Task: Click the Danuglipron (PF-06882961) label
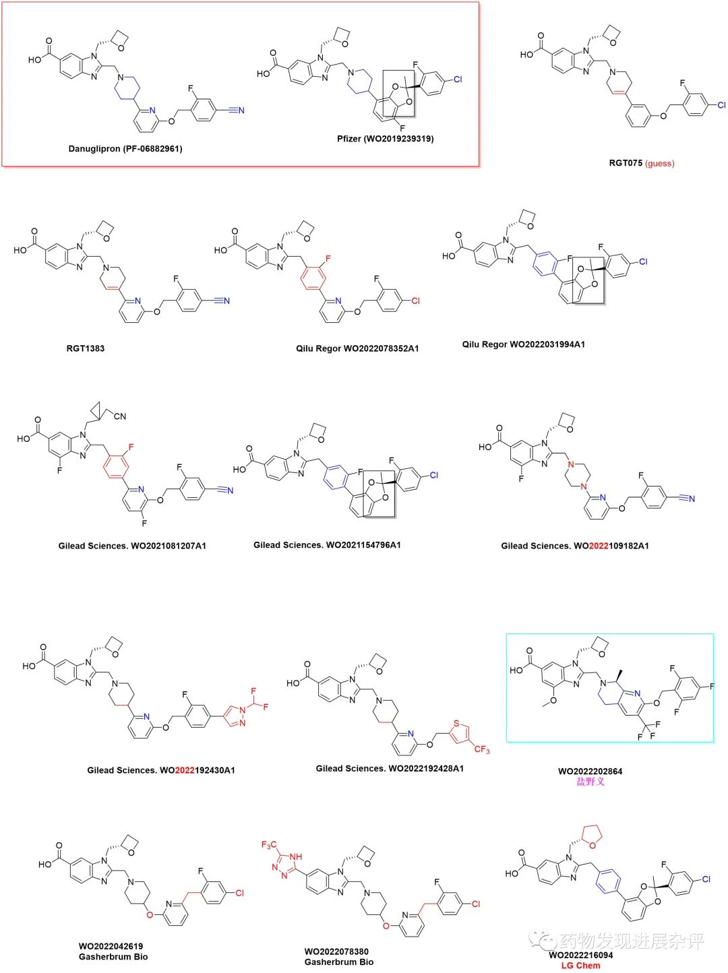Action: pos(125,148)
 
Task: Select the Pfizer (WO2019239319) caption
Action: pos(386,139)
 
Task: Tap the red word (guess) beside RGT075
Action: pos(659,163)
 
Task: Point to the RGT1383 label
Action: pos(86,348)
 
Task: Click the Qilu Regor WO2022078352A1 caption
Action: pos(357,348)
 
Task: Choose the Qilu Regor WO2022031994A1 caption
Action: pos(523,344)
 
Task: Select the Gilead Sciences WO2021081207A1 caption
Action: pos(132,546)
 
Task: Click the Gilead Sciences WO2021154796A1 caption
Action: pos(327,544)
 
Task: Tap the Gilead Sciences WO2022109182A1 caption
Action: pos(574,546)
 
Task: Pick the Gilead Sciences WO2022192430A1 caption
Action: pos(161,770)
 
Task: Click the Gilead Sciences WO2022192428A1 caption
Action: pos(390,768)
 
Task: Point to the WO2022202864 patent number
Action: pos(590,772)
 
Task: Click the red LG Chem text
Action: pos(580,966)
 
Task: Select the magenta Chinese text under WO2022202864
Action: pos(590,782)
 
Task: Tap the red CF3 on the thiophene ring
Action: pos(481,749)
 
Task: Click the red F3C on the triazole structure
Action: pos(269,845)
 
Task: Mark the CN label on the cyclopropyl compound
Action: pos(120,416)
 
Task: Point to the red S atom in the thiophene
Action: pos(456,724)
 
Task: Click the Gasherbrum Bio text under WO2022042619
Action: pos(113,957)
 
